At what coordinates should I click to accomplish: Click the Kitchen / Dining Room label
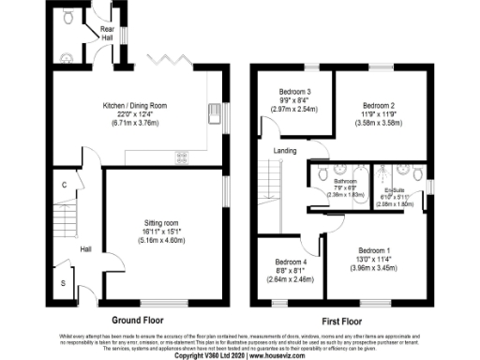(x=135, y=106)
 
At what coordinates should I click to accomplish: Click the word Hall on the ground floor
(x=85, y=249)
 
